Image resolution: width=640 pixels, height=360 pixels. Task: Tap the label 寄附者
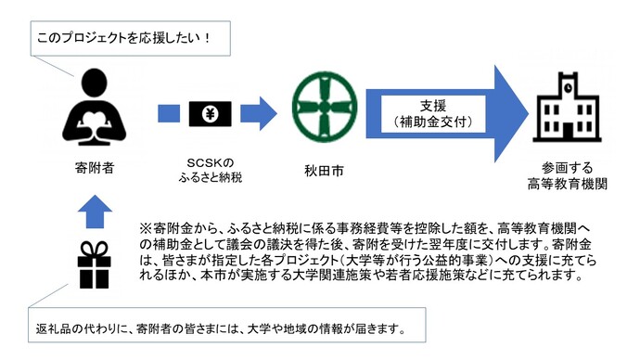point(94,170)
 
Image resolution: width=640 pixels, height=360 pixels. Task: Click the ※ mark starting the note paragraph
point(144,226)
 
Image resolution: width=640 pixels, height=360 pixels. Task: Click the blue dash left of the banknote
point(168,114)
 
